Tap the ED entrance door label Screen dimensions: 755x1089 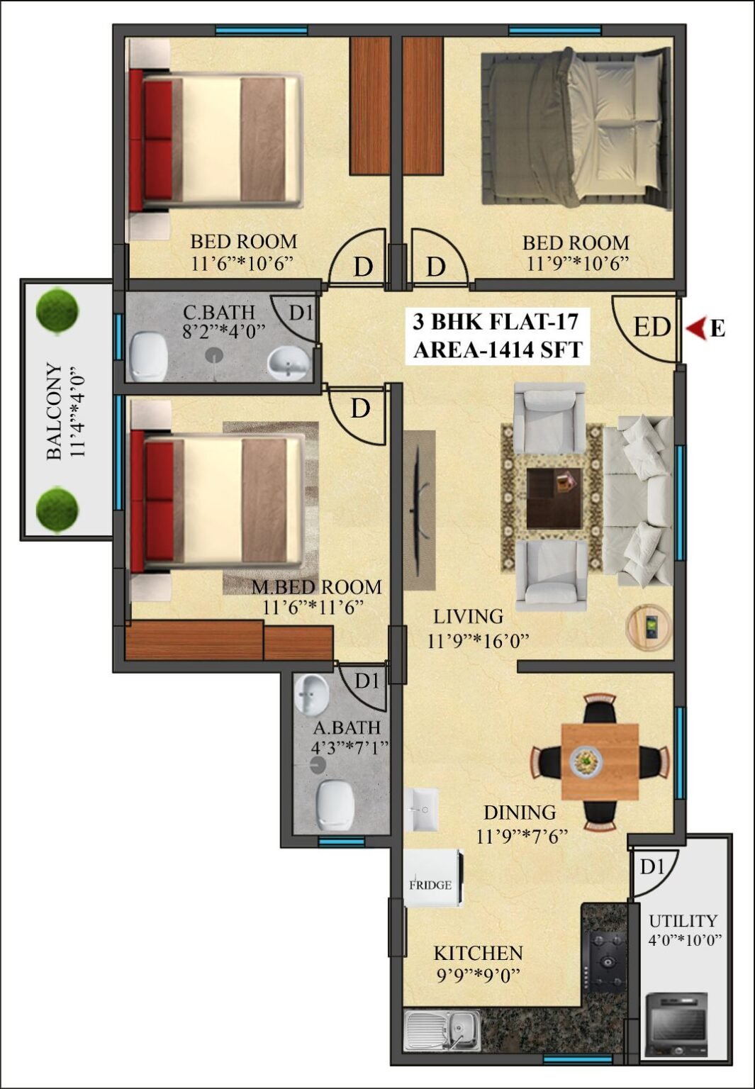pyautogui.click(x=652, y=328)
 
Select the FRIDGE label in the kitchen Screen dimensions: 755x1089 pyautogui.click(x=430, y=885)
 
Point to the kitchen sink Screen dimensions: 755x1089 pyautogui.click(x=442, y=1029)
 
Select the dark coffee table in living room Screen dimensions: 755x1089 pyautogui.click(x=554, y=498)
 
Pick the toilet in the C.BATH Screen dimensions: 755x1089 pyautogui.click(x=149, y=357)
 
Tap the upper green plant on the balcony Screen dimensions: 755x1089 pyautogui.click(x=57, y=312)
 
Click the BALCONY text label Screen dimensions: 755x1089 pyautogui.click(x=55, y=411)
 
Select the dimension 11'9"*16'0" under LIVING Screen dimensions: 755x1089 pyautogui.click(x=478, y=641)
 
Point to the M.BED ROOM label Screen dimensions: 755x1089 pyautogui.click(x=316, y=587)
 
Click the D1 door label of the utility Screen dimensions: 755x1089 pyautogui.click(x=651, y=867)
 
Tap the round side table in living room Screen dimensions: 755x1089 pyautogui.click(x=649, y=627)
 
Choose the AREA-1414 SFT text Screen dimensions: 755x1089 pyautogui.click(x=498, y=350)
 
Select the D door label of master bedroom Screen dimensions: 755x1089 pyautogui.click(x=360, y=409)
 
